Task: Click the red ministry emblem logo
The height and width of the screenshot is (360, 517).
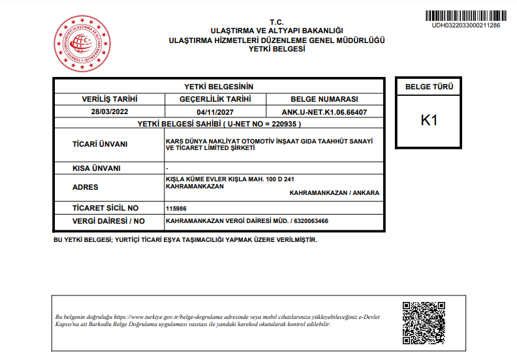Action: pyautogui.click(x=80, y=44)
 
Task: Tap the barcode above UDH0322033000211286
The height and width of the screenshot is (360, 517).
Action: pyautogui.click(x=466, y=16)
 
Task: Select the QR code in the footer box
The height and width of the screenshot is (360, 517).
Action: pyautogui.click(x=424, y=322)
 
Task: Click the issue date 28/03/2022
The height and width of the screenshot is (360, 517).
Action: pyautogui.click(x=110, y=112)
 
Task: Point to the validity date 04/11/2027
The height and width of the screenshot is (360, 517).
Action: pyautogui.click(x=215, y=112)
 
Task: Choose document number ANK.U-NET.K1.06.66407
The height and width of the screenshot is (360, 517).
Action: pyautogui.click(x=324, y=112)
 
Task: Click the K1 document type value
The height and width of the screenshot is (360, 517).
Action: pyautogui.click(x=429, y=121)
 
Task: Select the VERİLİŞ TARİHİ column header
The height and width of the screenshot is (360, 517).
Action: pyautogui.click(x=110, y=99)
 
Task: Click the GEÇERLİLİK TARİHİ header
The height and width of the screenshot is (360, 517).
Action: pyautogui.click(x=215, y=99)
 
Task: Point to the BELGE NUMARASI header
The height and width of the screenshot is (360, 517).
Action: pyautogui.click(x=324, y=99)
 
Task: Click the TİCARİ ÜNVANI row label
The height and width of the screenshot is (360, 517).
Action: pyautogui.click(x=99, y=144)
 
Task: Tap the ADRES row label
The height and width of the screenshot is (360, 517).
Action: pyautogui.click(x=86, y=187)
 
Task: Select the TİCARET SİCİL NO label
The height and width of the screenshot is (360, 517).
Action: pyautogui.click(x=106, y=208)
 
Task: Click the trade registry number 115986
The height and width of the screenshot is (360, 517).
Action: pyautogui.click(x=177, y=209)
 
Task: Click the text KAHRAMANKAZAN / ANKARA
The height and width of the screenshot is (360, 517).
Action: pyautogui.click(x=334, y=193)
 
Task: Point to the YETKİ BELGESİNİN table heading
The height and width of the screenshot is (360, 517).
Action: pyautogui.click(x=218, y=87)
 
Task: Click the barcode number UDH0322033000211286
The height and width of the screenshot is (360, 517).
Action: pyautogui.click(x=466, y=25)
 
